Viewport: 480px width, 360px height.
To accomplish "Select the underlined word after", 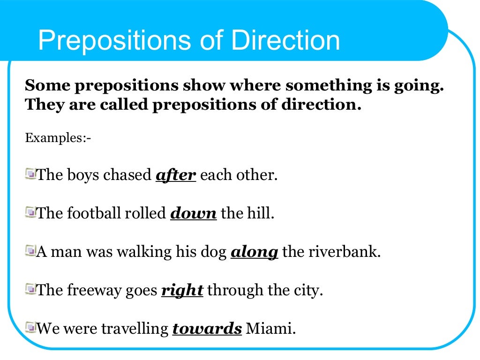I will pos(175,175).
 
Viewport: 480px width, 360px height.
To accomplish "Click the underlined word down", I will pos(193,214).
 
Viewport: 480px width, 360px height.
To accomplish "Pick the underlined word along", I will pos(255,252).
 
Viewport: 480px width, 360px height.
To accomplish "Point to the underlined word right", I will pos(182,291).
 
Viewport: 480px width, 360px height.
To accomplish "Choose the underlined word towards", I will pos(207,329).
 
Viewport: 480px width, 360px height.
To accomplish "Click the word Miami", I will pos(270,329).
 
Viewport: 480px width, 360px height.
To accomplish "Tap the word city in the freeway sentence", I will pos(310,291).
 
